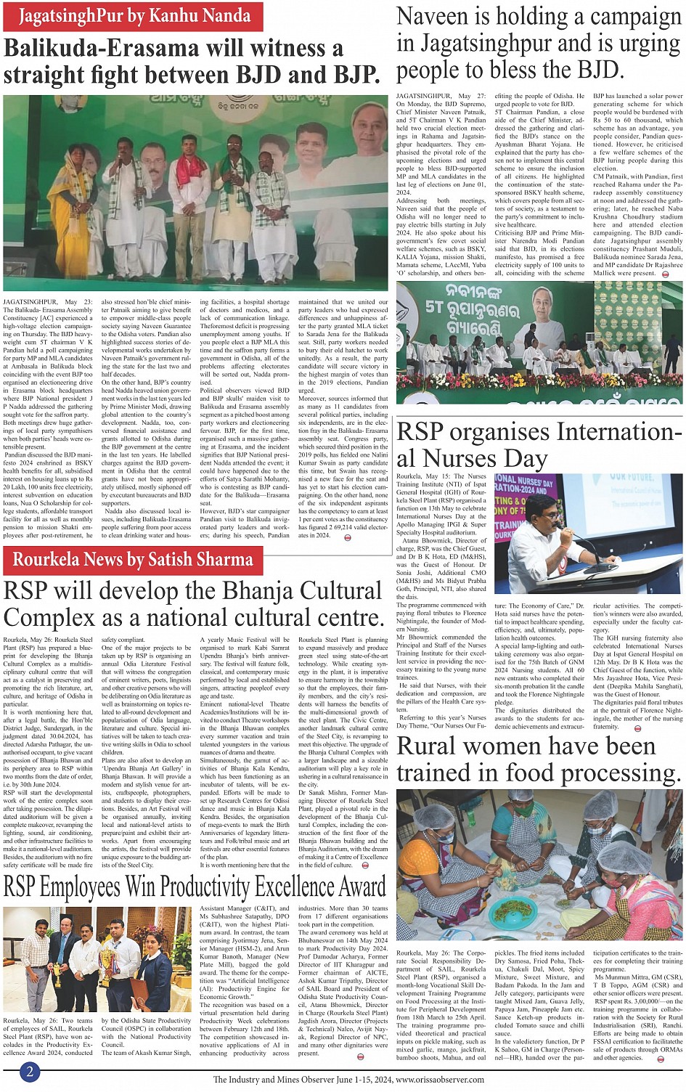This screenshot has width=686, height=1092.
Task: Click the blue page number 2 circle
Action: pyautogui.click(x=30, y=1072)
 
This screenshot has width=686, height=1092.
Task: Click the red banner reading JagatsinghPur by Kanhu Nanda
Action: pyautogui.click(x=134, y=15)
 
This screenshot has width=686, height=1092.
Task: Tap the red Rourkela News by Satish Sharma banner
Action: pyautogui.click(x=133, y=559)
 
